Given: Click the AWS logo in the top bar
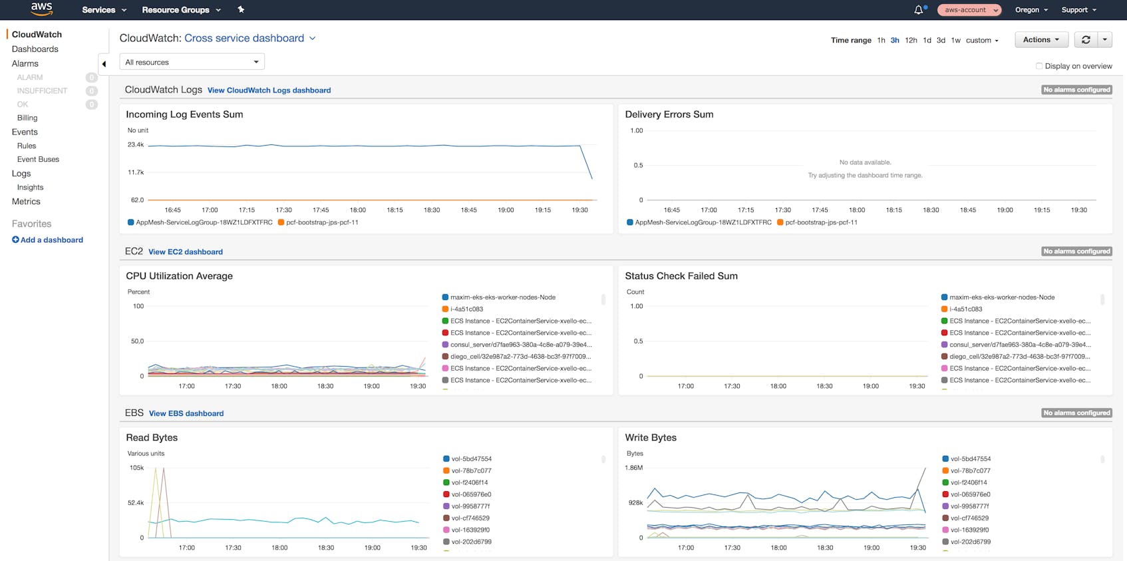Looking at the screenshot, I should tap(41, 9).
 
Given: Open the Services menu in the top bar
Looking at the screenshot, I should tap(104, 10).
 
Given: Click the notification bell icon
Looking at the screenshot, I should tap(919, 10).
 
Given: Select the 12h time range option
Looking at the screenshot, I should tap(911, 41).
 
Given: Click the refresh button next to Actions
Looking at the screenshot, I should tap(1086, 40).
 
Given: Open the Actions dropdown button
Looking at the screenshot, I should tap(1041, 40).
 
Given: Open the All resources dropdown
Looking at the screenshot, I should tap(192, 62).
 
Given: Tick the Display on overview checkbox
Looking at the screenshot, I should tap(1039, 66).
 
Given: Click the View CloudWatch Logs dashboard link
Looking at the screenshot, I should tap(269, 91).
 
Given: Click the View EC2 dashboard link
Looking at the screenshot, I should tap(185, 252).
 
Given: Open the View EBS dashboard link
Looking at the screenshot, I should tap(186, 414).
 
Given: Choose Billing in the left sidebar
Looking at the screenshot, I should tap(27, 118).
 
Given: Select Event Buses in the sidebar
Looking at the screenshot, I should tap(38, 160).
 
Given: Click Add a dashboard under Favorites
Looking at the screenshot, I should tap(47, 240).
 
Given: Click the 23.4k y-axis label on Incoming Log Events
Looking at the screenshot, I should tap(136, 144).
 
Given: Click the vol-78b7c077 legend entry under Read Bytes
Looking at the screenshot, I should tap(470, 471).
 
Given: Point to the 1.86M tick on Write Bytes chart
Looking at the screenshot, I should tap(634, 468).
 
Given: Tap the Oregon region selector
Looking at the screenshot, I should tap(1031, 10).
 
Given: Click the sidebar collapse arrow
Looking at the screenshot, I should tap(104, 64).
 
